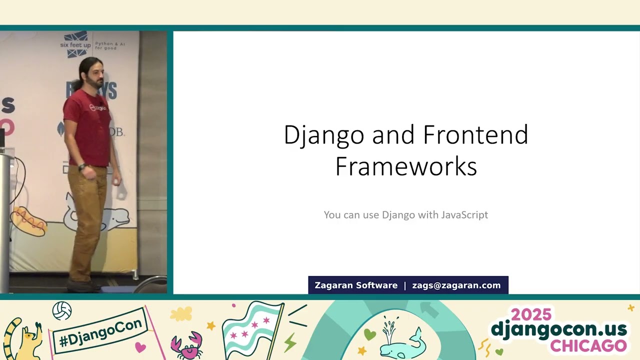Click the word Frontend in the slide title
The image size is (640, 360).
coord(475,135)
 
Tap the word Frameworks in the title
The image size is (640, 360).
coord(406,166)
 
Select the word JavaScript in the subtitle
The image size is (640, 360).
coord(464,214)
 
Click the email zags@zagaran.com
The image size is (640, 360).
coord(456,285)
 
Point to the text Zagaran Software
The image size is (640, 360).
coord(356,285)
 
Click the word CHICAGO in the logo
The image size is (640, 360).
coord(588,345)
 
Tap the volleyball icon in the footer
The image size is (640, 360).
coord(62,311)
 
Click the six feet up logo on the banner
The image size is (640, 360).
coord(76,44)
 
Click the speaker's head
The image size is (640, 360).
coord(92,72)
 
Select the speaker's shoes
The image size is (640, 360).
coord(82,286)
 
